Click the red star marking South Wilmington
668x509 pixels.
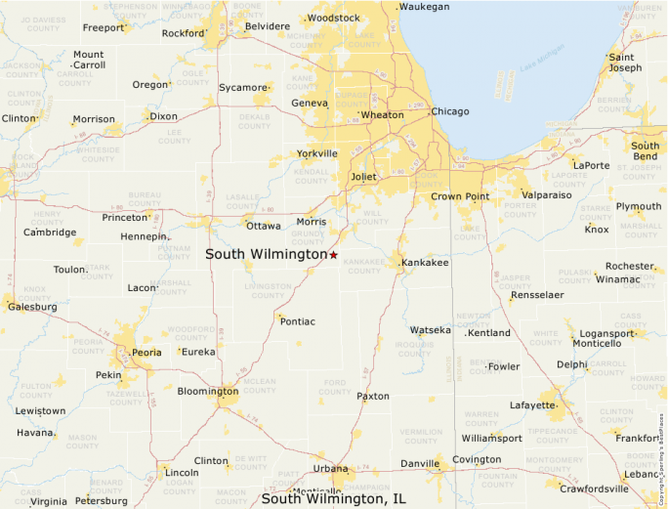click(x=333, y=255)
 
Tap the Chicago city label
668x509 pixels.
click(x=450, y=111)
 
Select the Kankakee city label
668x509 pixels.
click(x=425, y=263)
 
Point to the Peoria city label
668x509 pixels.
click(x=146, y=352)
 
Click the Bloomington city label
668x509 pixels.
click(x=207, y=392)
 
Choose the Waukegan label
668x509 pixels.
click(x=425, y=7)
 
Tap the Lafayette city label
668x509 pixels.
click(x=531, y=404)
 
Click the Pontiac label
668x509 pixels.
click(x=298, y=320)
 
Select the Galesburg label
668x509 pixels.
click(x=32, y=307)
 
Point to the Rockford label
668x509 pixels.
click(x=184, y=33)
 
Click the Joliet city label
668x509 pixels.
click(x=363, y=177)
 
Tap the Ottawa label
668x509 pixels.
click(x=263, y=226)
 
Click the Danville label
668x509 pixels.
click(x=420, y=463)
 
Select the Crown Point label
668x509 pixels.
click(x=460, y=196)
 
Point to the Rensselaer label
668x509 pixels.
click(x=537, y=295)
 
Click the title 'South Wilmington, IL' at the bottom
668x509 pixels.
click(x=333, y=499)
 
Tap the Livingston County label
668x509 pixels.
click(x=268, y=290)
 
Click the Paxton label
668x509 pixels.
click(x=373, y=397)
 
